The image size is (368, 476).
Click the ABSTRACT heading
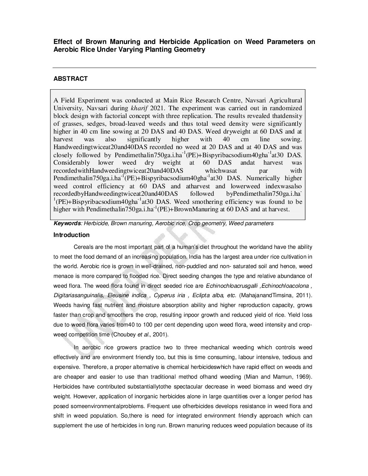(x=70, y=79)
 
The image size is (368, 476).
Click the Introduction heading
(x=71, y=235)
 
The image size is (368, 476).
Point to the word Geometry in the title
(x=189, y=49)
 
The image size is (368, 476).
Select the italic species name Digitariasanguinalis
(x=79, y=295)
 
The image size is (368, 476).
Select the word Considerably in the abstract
(x=71, y=163)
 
